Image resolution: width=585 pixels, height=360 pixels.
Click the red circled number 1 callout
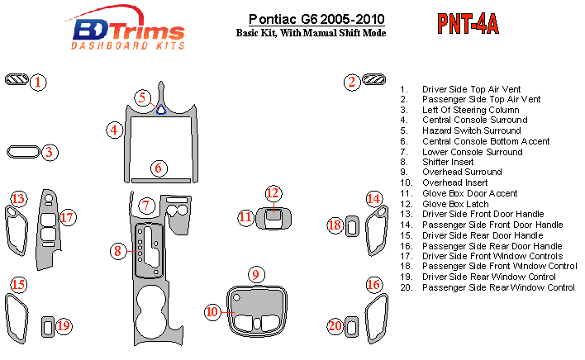pos(39,81)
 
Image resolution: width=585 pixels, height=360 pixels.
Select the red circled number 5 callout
pos(142,97)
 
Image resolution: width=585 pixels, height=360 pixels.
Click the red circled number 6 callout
pos(158,168)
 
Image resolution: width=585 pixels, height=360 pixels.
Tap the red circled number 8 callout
pos(120,250)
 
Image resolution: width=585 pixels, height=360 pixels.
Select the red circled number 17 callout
pos(67,218)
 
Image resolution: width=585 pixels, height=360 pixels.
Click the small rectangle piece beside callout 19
pos(48,325)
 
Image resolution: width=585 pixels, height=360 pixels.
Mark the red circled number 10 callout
pos(212,311)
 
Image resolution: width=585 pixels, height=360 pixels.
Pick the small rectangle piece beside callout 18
pos(353,225)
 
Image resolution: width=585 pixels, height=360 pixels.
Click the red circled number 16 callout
pos(374,285)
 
